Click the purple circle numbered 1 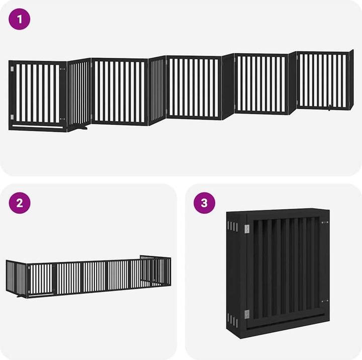coord(20,19)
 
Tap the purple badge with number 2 coord(20,203)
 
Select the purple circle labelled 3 coord(204,203)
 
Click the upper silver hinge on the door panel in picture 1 coord(12,69)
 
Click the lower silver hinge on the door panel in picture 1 coord(12,117)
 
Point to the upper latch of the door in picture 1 coord(62,69)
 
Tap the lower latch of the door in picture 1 coord(62,119)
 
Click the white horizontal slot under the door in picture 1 coord(37,126)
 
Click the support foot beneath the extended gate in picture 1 coord(82,127)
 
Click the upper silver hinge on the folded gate coord(247,229)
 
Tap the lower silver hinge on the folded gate coord(247,314)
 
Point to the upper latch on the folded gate coord(325,222)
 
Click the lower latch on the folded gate coord(325,301)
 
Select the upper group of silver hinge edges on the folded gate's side coord(232,226)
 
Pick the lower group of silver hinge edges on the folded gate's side coord(232,320)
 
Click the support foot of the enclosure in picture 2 coord(22,296)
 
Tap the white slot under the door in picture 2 coord(41,295)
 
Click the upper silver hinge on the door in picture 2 coord(29,267)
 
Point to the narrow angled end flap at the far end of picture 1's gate coord(351,79)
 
